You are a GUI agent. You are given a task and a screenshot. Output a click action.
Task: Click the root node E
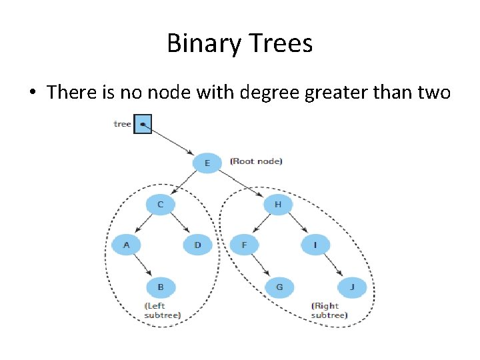[x=207, y=163]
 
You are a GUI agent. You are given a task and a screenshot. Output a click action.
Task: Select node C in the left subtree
[x=160, y=203]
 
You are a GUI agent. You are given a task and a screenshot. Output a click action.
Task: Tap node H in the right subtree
[x=278, y=204]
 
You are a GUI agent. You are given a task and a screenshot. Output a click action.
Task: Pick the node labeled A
[x=126, y=245]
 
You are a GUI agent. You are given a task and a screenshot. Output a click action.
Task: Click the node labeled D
[x=197, y=245]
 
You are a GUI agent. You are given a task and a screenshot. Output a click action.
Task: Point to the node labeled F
[x=244, y=245]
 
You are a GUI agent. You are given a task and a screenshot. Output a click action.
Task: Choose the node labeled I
[x=315, y=245]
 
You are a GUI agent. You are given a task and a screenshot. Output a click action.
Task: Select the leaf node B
[x=161, y=287]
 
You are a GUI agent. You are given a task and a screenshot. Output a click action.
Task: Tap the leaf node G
[x=279, y=287]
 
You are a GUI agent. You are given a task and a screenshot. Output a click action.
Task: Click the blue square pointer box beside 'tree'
[x=143, y=124]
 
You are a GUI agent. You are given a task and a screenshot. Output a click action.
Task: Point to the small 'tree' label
[x=123, y=124]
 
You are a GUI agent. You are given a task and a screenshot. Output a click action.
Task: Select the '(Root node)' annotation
[x=256, y=161]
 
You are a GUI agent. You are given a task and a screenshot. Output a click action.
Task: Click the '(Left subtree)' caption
[x=162, y=310]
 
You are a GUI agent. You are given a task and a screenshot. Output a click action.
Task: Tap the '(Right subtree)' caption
[x=329, y=310]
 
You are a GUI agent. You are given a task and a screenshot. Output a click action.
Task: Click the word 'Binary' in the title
[x=203, y=44]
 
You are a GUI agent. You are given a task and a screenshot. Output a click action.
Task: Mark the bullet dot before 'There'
[x=32, y=93]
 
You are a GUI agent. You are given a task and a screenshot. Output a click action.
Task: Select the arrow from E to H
[x=242, y=183]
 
